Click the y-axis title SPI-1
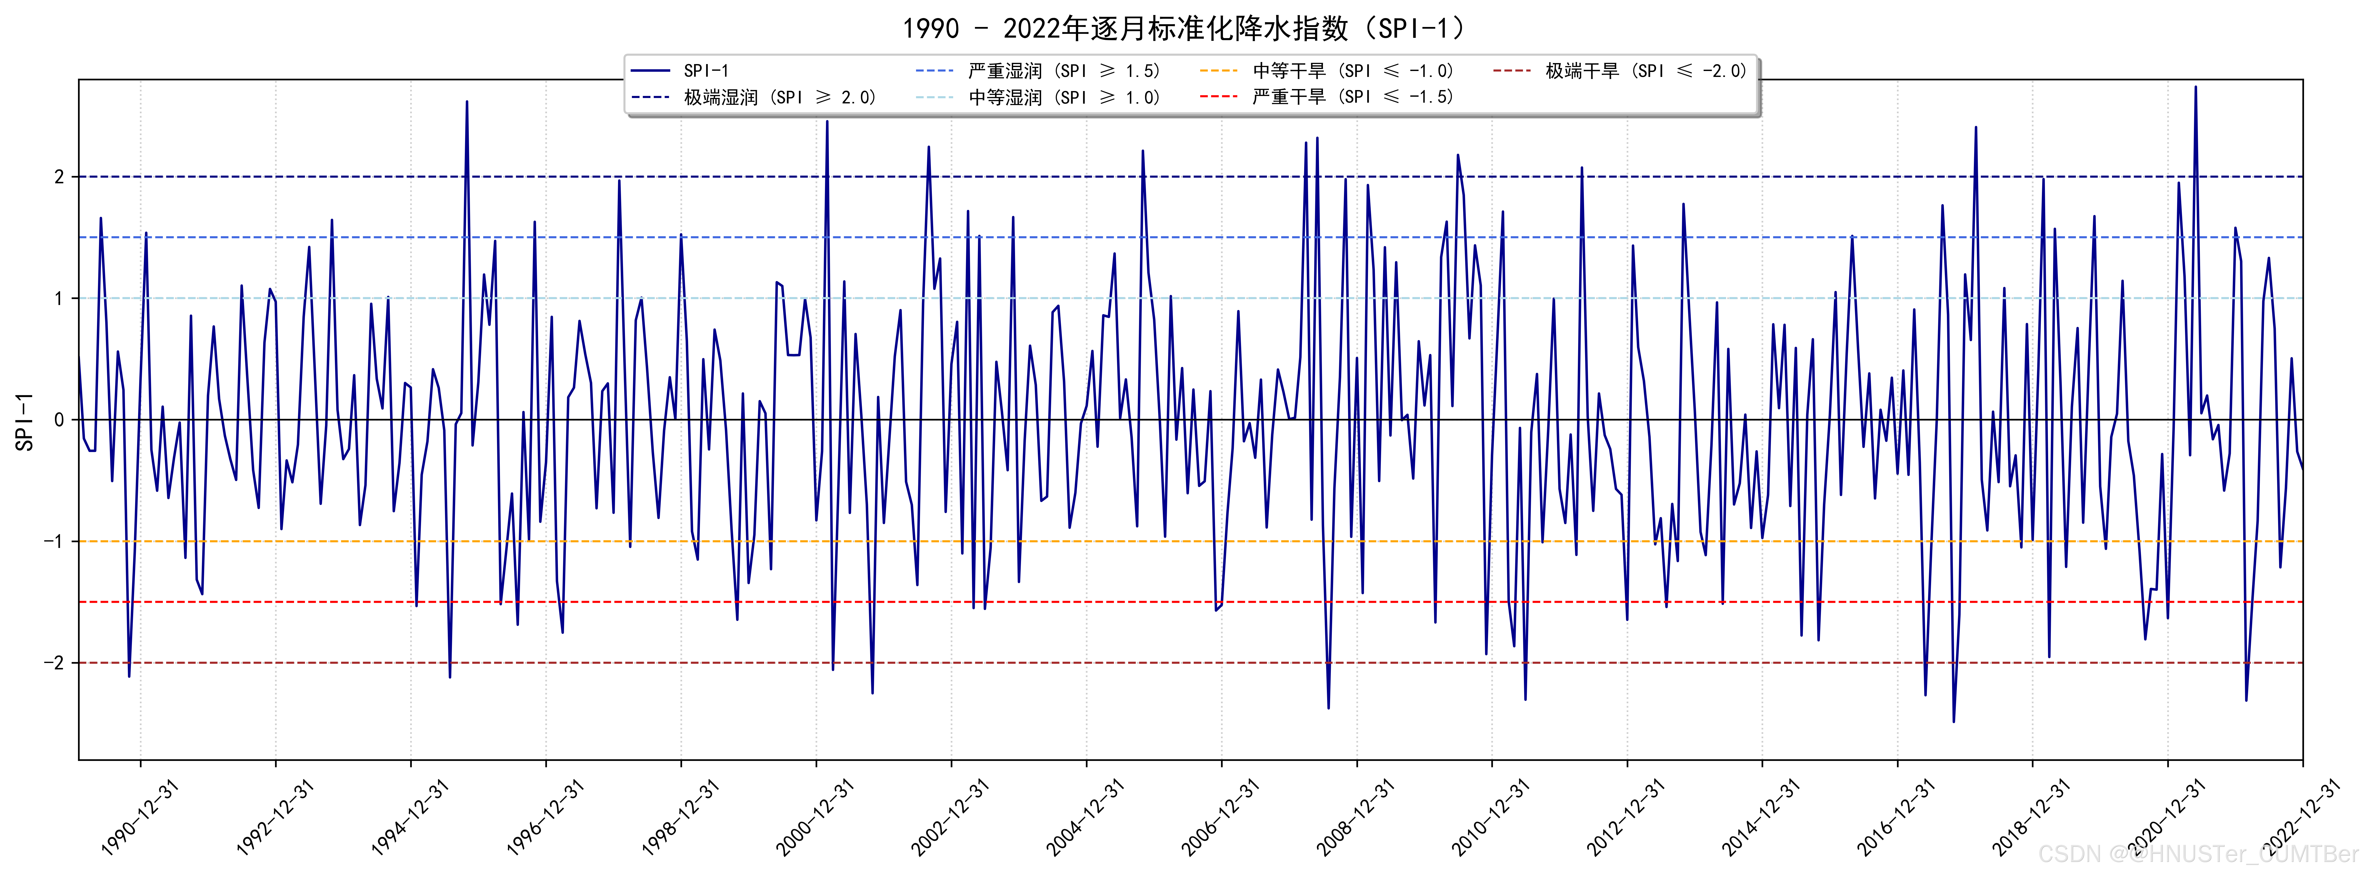coord(25,422)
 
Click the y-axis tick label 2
coord(60,177)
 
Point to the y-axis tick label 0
coord(60,420)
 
